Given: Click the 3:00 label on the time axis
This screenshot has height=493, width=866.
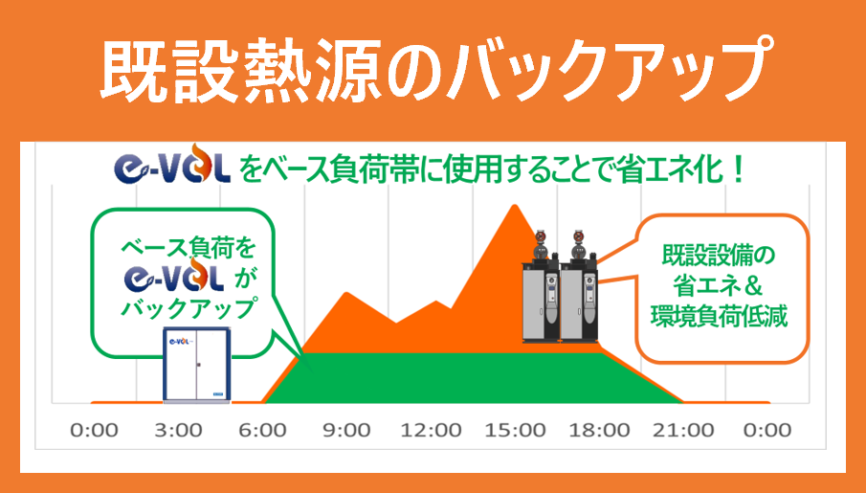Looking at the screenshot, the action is [x=178, y=430].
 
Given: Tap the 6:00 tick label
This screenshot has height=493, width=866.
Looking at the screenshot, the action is [x=262, y=430].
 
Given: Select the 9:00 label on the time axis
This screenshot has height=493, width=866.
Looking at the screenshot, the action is [x=346, y=430].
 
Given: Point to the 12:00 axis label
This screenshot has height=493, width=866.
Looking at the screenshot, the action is [x=431, y=430].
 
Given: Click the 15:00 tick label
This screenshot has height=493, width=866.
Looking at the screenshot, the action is [x=515, y=430].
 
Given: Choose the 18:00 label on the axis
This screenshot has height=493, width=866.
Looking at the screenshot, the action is [x=599, y=430].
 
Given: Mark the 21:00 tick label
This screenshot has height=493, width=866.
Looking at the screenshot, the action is [x=684, y=430].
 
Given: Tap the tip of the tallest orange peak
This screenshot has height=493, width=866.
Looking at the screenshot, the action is [x=515, y=205].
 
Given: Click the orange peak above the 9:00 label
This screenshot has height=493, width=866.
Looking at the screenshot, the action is [x=346, y=293].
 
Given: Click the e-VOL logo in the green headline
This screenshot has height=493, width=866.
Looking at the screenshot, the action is [x=171, y=164].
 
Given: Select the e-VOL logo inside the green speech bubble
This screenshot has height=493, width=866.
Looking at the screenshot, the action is [x=174, y=278].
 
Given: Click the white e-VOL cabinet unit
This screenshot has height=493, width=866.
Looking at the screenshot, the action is [x=197, y=365].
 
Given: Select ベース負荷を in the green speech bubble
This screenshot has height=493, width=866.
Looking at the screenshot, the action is [x=189, y=249].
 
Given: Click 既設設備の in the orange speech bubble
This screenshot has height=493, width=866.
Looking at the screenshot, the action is [x=719, y=256].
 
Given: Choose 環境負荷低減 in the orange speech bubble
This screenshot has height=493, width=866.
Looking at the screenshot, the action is [x=719, y=317].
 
